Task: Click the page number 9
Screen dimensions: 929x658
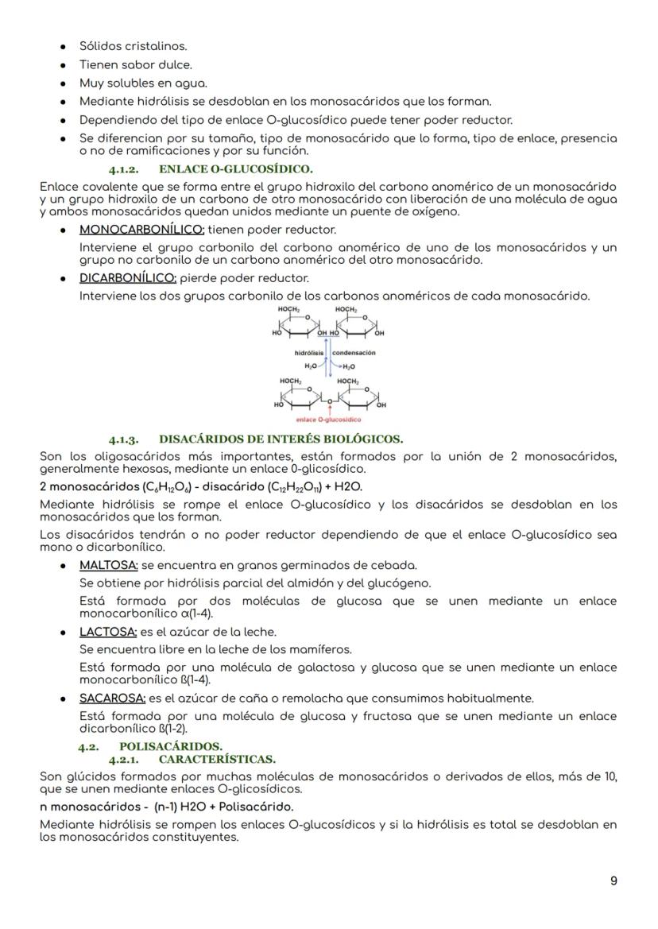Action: tap(613, 881)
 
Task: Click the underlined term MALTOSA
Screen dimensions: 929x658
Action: tap(109, 566)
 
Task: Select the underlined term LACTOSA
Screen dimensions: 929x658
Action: tap(109, 632)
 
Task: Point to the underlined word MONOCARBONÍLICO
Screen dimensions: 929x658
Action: tap(141, 230)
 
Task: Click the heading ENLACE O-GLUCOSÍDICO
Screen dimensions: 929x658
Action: tap(236, 168)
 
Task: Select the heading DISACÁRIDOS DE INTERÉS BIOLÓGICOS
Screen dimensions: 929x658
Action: tap(281, 439)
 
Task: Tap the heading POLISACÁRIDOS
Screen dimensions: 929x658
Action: tap(171, 746)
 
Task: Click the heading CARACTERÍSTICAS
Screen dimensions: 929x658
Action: tap(211, 759)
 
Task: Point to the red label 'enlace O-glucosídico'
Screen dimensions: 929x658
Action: tap(328, 419)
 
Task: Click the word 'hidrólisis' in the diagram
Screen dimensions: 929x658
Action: tap(309, 352)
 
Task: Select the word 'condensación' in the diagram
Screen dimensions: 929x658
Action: tap(354, 352)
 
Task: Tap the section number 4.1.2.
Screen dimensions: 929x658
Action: tap(124, 168)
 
